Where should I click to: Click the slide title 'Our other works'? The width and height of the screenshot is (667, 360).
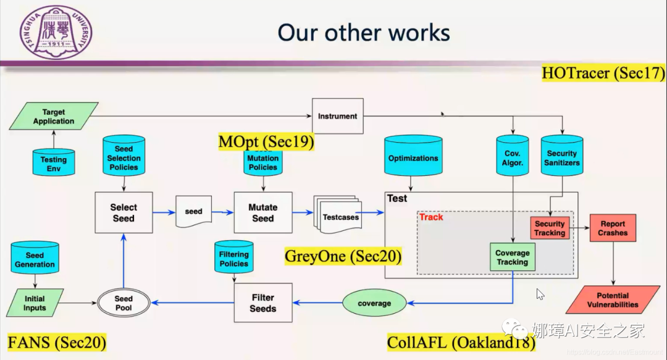point(364,32)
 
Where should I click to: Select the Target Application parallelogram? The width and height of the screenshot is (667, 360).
point(54,117)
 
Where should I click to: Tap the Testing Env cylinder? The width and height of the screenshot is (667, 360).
point(54,162)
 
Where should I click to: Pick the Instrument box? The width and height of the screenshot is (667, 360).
point(337,116)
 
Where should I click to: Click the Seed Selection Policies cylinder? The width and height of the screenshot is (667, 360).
point(124,157)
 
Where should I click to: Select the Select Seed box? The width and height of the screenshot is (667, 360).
point(124,212)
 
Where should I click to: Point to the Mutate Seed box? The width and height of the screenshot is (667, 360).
point(262,212)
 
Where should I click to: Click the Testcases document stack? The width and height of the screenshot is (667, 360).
point(336,216)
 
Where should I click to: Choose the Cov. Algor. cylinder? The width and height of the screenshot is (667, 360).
point(512,157)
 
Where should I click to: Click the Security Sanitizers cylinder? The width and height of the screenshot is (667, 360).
point(562,157)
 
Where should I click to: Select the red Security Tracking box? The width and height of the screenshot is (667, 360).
point(550,228)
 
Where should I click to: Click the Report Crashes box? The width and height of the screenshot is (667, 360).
point(613,228)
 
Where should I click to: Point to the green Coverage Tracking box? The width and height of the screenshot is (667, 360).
point(512,257)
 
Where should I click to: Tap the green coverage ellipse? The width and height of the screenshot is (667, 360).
point(374,303)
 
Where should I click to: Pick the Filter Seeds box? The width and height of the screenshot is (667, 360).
point(262,303)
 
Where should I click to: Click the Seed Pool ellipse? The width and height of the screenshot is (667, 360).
point(124,303)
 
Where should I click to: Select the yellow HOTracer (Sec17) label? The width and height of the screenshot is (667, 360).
point(603,73)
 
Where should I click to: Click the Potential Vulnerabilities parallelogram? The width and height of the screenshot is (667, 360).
point(613,300)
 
